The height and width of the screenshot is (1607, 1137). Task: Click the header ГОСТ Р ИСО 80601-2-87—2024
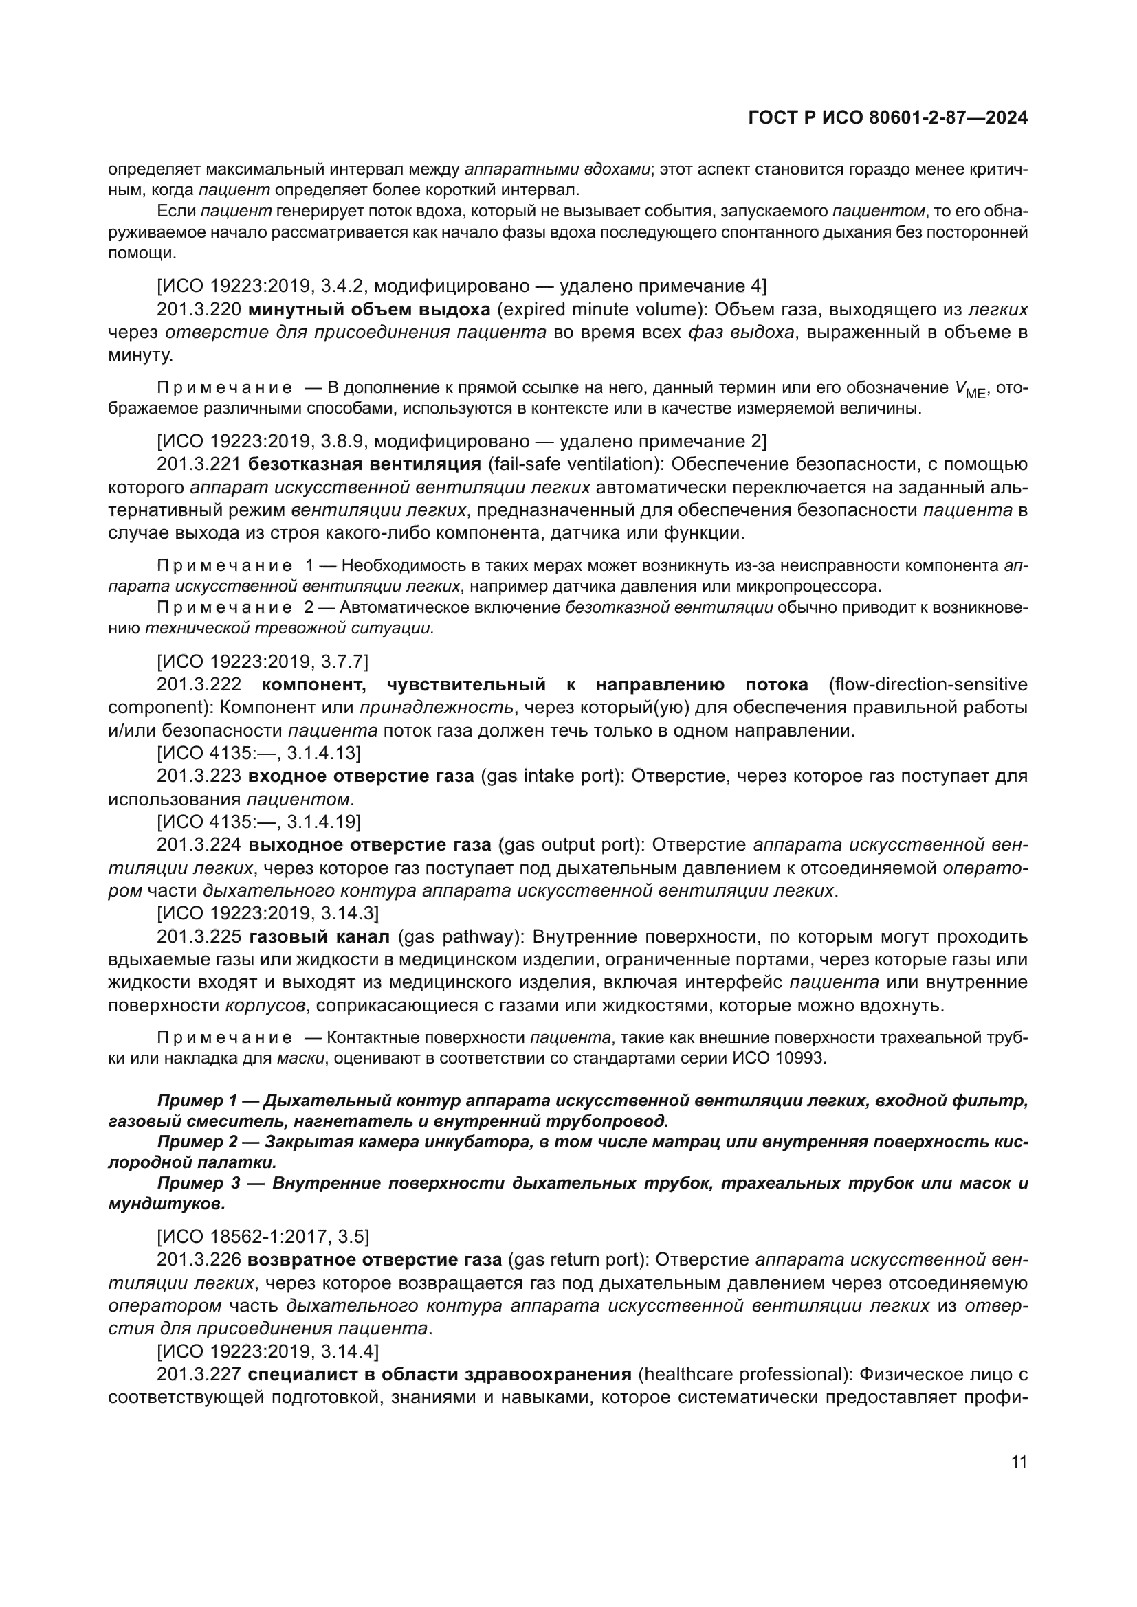point(887,118)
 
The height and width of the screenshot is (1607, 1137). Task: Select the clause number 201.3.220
point(199,309)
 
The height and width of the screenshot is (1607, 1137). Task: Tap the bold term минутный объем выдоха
point(369,309)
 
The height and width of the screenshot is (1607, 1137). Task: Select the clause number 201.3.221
point(199,464)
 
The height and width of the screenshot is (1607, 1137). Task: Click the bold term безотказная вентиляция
point(364,464)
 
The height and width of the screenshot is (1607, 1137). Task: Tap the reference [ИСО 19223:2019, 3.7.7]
point(262,661)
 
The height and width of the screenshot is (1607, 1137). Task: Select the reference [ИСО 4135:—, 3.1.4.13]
point(258,752)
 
